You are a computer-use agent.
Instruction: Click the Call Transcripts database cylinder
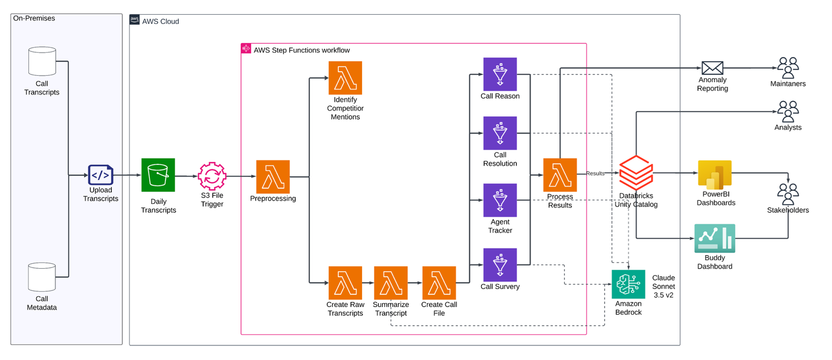point(42,62)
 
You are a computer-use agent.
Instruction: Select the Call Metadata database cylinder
point(42,277)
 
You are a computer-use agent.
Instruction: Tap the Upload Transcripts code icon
point(100,175)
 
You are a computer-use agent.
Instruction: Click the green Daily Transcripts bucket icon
point(158,175)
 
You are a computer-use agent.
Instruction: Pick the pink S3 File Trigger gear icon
point(212,176)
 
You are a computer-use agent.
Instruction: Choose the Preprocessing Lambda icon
point(273,177)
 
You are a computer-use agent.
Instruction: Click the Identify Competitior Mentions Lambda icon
point(345,78)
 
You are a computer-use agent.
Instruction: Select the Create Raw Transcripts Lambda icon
point(345,283)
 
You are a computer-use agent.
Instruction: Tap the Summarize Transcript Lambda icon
point(391,283)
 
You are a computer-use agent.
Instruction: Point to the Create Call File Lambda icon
point(439,283)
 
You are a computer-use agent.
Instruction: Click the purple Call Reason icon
point(500,74)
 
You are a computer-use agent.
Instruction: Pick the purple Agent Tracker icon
point(500,200)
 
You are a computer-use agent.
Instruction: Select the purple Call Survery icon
point(500,265)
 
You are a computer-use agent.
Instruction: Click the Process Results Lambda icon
point(560,175)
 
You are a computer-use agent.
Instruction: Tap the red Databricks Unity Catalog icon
point(636,173)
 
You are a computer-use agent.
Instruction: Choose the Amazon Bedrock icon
point(628,284)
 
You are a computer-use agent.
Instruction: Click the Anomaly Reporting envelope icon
point(712,68)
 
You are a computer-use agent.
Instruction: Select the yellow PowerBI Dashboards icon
point(715,174)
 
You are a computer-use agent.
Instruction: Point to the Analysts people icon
point(788,111)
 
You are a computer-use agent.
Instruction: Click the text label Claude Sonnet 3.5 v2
point(663,286)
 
